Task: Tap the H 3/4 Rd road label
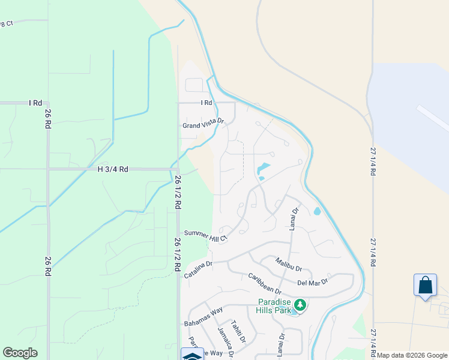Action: click(x=113, y=169)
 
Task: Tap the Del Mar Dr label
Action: click(x=312, y=282)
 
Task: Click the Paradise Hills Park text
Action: click(x=274, y=306)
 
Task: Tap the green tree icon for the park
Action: click(x=300, y=305)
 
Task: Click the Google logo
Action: click(x=20, y=353)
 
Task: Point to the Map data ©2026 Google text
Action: click(x=412, y=355)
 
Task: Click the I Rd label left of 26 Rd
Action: click(x=35, y=103)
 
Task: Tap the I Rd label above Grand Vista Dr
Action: click(x=206, y=103)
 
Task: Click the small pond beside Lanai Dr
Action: click(x=316, y=211)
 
